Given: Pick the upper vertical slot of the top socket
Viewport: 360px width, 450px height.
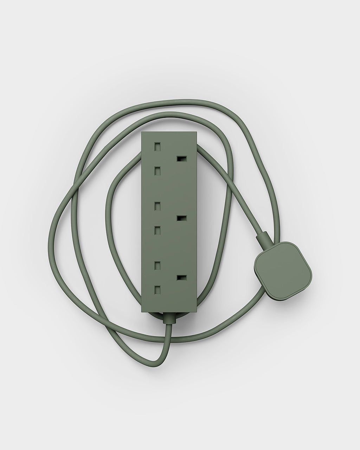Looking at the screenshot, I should click(x=157, y=145).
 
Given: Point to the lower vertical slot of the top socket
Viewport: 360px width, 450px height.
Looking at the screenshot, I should click(x=157, y=171).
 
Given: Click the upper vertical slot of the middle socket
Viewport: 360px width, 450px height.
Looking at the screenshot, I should click(x=157, y=205).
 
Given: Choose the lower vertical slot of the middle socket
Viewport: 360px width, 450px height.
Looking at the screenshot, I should click(x=157, y=230).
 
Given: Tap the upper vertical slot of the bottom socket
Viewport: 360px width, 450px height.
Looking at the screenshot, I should click(x=157, y=264).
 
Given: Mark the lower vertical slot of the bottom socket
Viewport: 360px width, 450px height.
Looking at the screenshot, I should click(x=157, y=290).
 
